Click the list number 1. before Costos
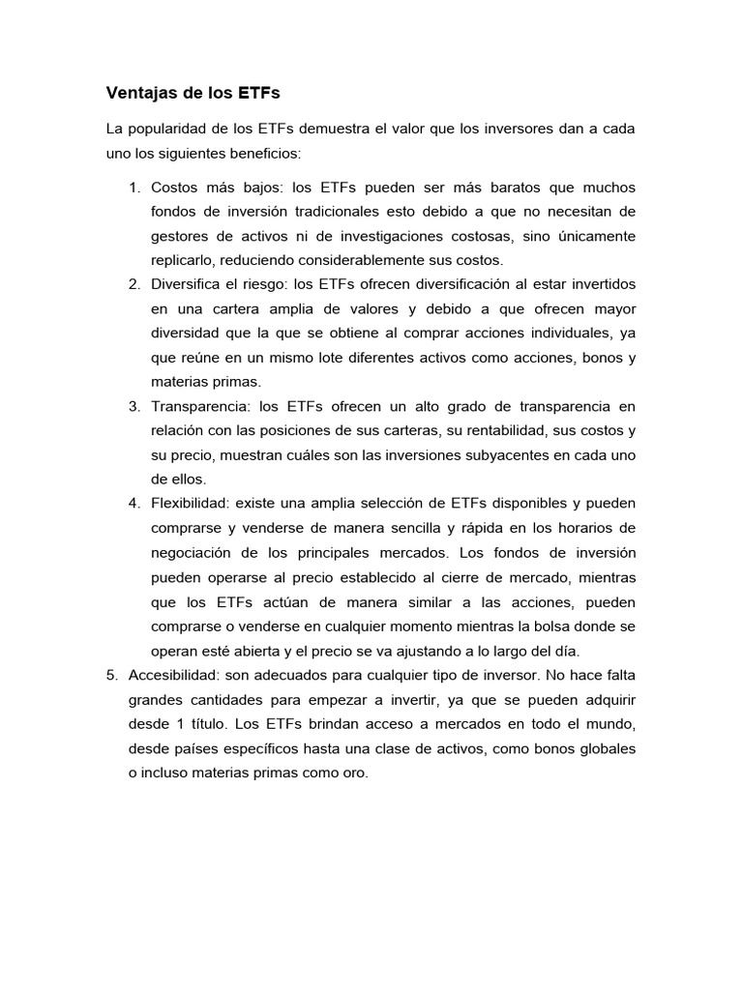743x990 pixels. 135,187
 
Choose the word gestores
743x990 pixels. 181,236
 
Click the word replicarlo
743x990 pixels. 184,260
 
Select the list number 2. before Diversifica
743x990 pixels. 135,284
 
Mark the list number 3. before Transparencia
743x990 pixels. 135,406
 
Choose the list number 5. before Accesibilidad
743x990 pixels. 111,674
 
